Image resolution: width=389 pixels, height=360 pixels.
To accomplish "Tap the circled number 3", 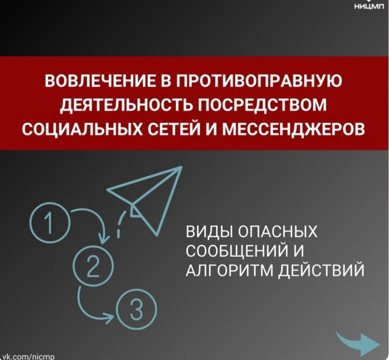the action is pos(137,310).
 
